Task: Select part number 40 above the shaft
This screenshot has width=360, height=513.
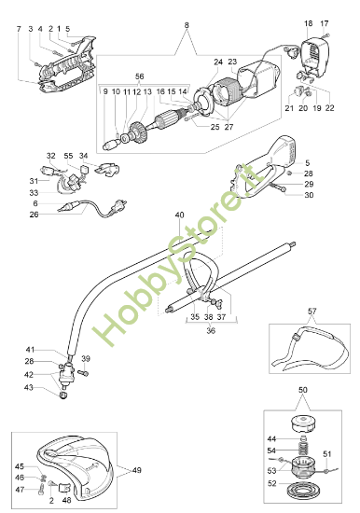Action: [179, 215]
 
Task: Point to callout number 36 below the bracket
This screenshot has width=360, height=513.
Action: [208, 330]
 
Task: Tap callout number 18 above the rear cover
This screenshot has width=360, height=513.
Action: [309, 21]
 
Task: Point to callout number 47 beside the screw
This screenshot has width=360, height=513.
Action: [20, 489]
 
